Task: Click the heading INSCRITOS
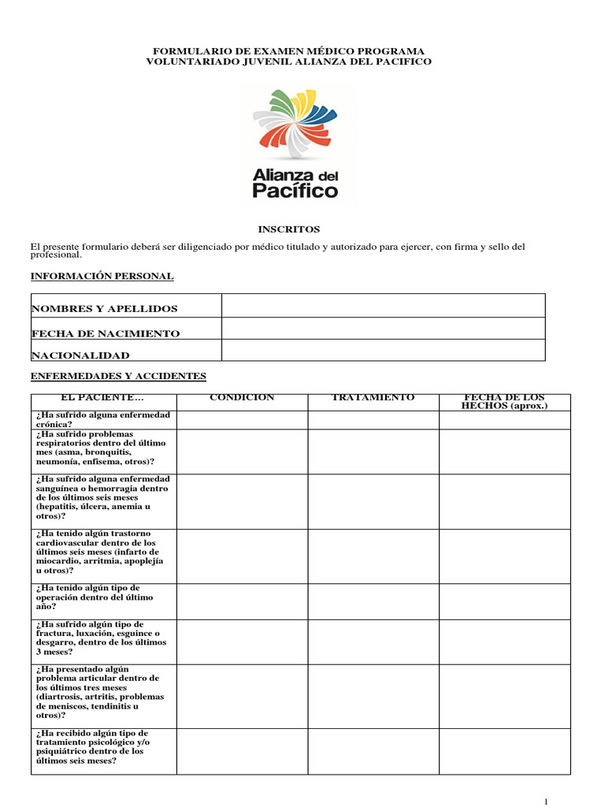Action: (x=289, y=229)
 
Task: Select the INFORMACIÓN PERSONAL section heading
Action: (x=102, y=276)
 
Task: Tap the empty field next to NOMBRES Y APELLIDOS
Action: (x=383, y=306)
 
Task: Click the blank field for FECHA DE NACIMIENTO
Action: (x=383, y=329)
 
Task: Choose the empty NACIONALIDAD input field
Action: (x=383, y=350)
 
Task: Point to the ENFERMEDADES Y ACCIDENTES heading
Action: (x=118, y=377)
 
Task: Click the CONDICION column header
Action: (x=241, y=398)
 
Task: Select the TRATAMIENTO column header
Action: (x=373, y=398)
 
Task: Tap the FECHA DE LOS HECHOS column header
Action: (x=504, y=401)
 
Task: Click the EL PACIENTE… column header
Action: (x=103, y=398)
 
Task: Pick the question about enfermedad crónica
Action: (x=103, y=419)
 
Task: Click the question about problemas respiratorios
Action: (x=103, y=448)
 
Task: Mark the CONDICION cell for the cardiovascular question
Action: (x=242, y=556)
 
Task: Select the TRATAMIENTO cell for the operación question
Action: (x=373, y=601)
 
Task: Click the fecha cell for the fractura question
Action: (x=504, y=642)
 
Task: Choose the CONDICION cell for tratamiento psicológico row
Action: (x=242, y=751)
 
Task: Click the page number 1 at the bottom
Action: (x=545, y=801)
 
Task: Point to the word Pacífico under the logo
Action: (x=295, y=190)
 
